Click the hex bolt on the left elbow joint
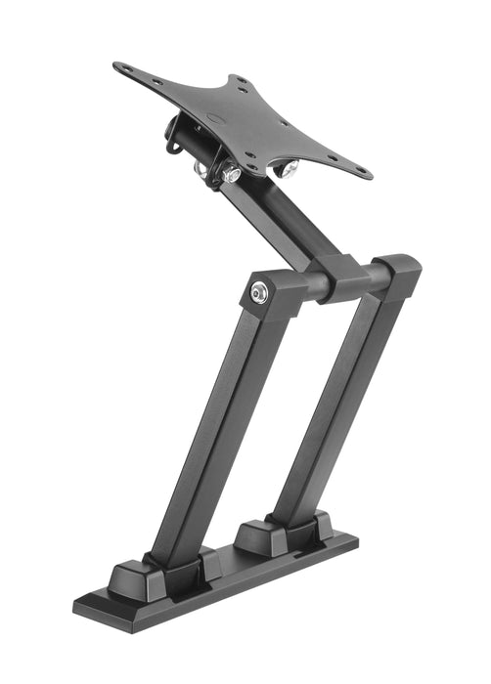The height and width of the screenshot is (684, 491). point(259,290)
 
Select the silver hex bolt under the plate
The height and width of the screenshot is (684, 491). point(231,174)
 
